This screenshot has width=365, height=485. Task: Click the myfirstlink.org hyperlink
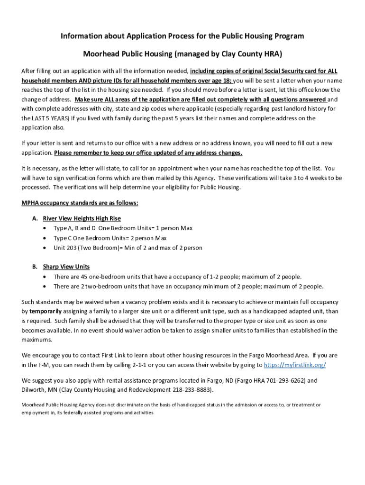click(294, 365)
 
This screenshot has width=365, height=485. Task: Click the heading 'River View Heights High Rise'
click(82, 218)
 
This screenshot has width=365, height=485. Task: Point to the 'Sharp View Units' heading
click(66, 267)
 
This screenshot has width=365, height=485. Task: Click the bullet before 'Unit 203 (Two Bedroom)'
click(45, 248)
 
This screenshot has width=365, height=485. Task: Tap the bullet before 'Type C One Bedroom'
click(45, 238)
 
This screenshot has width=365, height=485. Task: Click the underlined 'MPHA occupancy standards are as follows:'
click(80, 203)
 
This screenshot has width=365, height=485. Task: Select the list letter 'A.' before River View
click(35, 218)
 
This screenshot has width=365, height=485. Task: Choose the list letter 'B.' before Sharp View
click(35, 267)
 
